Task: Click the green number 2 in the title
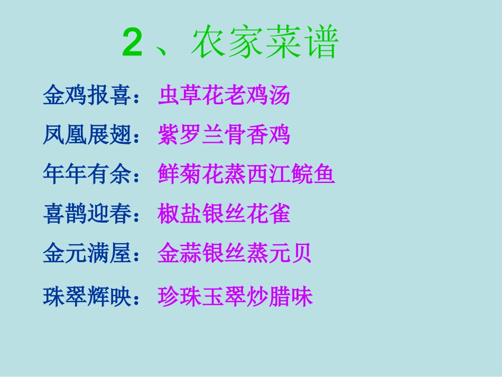[132, 44]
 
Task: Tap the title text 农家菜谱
[264, 44]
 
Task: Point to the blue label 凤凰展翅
[87, 135]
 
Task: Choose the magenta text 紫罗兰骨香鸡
[224, 135]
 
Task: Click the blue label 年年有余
[87, 174]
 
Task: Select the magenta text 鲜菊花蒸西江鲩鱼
[246, 174]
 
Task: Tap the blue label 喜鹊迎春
[87, 214]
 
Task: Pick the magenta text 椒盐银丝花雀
[224, 214]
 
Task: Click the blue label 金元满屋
[87, 254]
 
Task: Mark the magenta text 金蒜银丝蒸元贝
[235, 254]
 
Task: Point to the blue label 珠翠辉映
[87, 297]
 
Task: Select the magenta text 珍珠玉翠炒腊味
[235, 297]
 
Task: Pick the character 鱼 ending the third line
[324, 174]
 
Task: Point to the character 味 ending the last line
[302, 297]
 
